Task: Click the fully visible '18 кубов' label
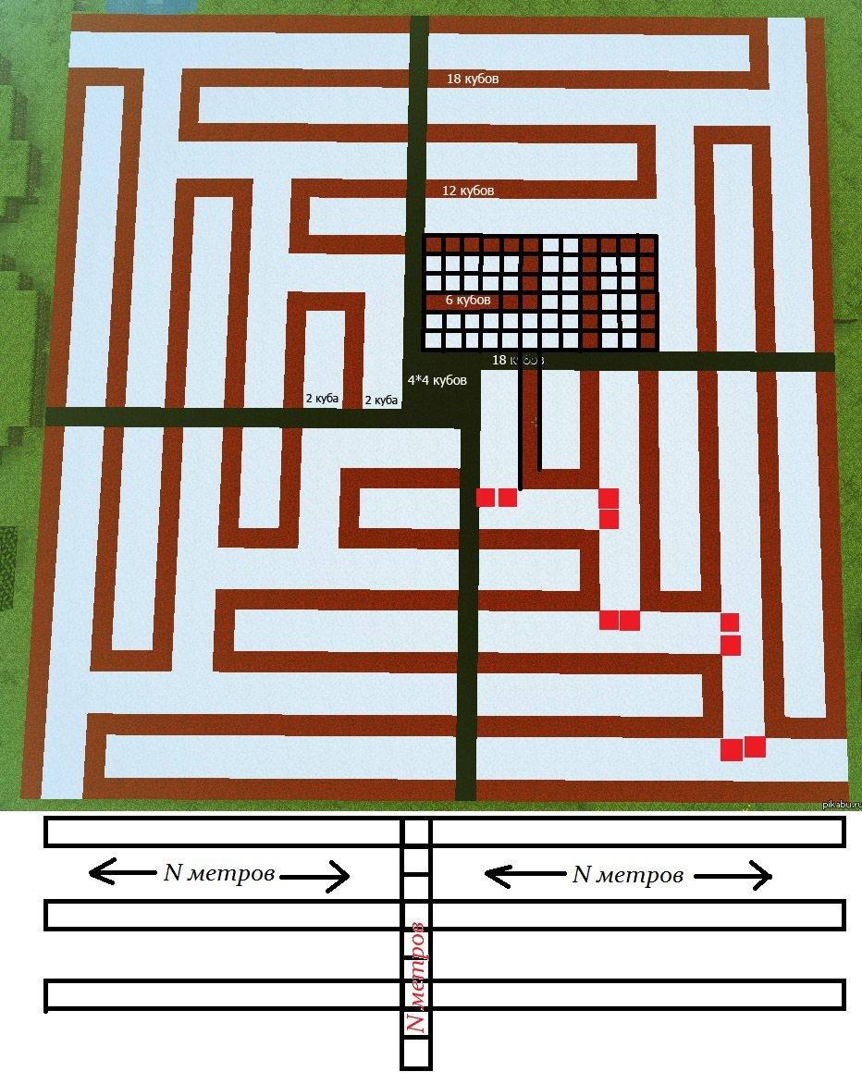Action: (473, 80)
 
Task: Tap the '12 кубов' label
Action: (468, 191)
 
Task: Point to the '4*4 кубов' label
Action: (437, 380)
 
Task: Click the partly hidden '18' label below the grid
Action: (499, 359)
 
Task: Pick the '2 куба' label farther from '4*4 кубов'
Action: (322, 400)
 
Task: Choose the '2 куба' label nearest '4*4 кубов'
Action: (381, 400)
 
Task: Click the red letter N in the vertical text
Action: (416, 1022)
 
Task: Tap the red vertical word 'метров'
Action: (416, 962)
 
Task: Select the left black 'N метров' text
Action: (219, 873)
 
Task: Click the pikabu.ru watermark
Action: (841, 804)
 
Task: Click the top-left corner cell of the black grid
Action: (432, 244)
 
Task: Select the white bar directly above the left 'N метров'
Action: (222, 831)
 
